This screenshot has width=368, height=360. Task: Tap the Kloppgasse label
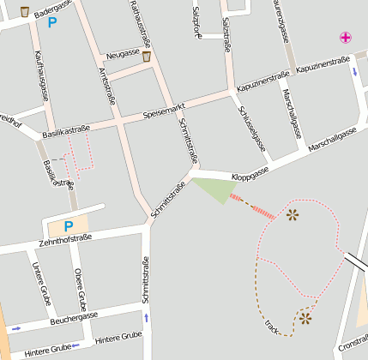(250, 171)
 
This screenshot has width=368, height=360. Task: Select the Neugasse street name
(123, 53)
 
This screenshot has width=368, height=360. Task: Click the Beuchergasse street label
(74, 317)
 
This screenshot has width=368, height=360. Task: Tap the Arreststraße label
(107, 86)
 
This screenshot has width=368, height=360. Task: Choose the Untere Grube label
(40, 284)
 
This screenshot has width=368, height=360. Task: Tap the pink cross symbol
(345, 37)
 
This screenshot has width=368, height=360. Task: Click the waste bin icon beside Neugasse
(148, 57)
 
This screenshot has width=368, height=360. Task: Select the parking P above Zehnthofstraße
(69, 225)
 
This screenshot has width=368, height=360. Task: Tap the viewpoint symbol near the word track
(305, 319)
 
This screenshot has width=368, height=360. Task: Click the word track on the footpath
(274, 327)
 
